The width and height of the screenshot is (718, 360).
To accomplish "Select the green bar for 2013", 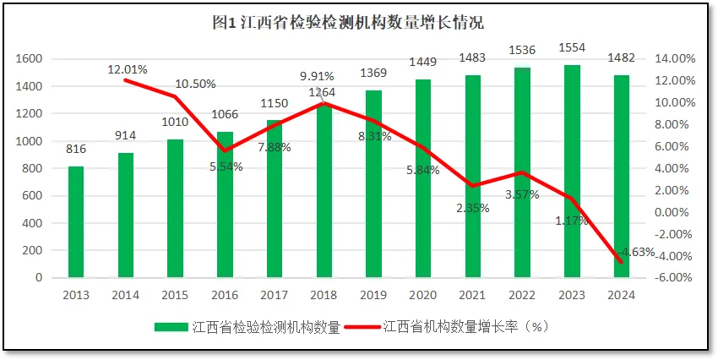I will tap(76, 221).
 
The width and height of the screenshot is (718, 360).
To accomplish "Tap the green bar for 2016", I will tap(225, 205).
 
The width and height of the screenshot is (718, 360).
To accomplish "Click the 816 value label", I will tap(76, 149).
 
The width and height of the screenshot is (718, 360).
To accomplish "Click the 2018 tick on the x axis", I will tap(324, 294).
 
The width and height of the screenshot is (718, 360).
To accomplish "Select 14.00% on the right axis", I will tap(675, 59).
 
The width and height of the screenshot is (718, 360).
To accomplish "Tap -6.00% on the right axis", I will tap(675, 277).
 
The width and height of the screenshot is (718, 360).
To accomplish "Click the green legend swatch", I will tap(171, 326).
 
